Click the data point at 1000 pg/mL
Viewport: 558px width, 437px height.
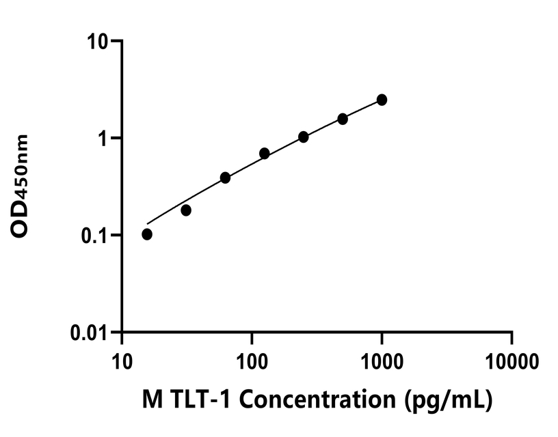click(382, 100)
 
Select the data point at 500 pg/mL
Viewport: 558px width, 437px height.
click(343, 119)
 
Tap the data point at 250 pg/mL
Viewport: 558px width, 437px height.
click(304, 137)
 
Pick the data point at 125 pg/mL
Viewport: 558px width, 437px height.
click(265, 154)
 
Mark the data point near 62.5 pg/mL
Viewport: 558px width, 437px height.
click(225, 178)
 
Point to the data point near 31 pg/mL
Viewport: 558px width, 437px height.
click(186, 210)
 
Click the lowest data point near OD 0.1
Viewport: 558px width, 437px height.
click(147, 234)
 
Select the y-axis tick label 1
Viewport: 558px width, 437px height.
click(105, 139)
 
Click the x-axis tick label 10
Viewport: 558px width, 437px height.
click(122, 359)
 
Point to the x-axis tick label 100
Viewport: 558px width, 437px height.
click(252, 359)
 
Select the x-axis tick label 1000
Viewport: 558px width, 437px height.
click(382, 359)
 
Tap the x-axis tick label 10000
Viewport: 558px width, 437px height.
click(511, 359)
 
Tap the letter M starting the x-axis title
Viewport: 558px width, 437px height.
click(151, 400)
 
